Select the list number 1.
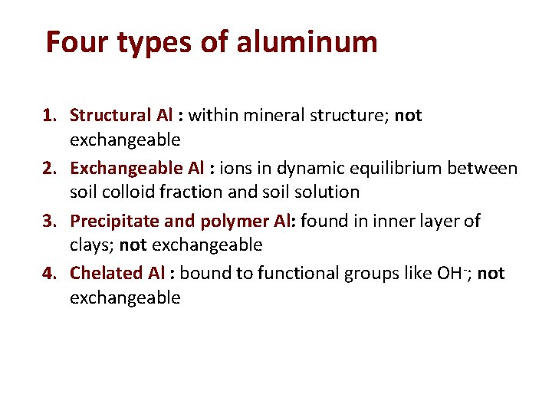pyautogui.click(x=50, y=116)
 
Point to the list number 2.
pyautogui.click(x=50, y=168)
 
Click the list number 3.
pyautogui.click(x=50, y=222)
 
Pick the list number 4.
pyautogui.click(x=50, y=273)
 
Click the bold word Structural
pyautogui.click(x=110, y=116)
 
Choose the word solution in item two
pyautogui.click(x=324, y=192)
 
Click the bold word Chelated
pyautogui.click(x=106, y=273)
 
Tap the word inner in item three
pyautogui.click(x=385, y=222)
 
